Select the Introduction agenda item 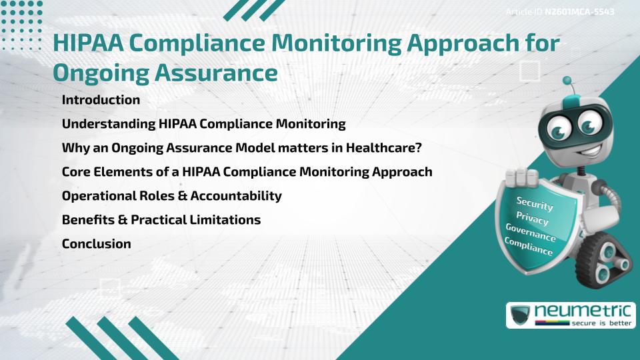[x=101, y=100]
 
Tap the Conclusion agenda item [x=96, y=244]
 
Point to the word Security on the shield [x=535, y=203]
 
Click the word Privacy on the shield [x=533, y=219]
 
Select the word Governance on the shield [x=531, y=233]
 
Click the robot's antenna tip [x=568, y=81]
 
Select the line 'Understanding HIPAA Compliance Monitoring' [x=203, y=124]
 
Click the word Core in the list [x=76, y=172]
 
